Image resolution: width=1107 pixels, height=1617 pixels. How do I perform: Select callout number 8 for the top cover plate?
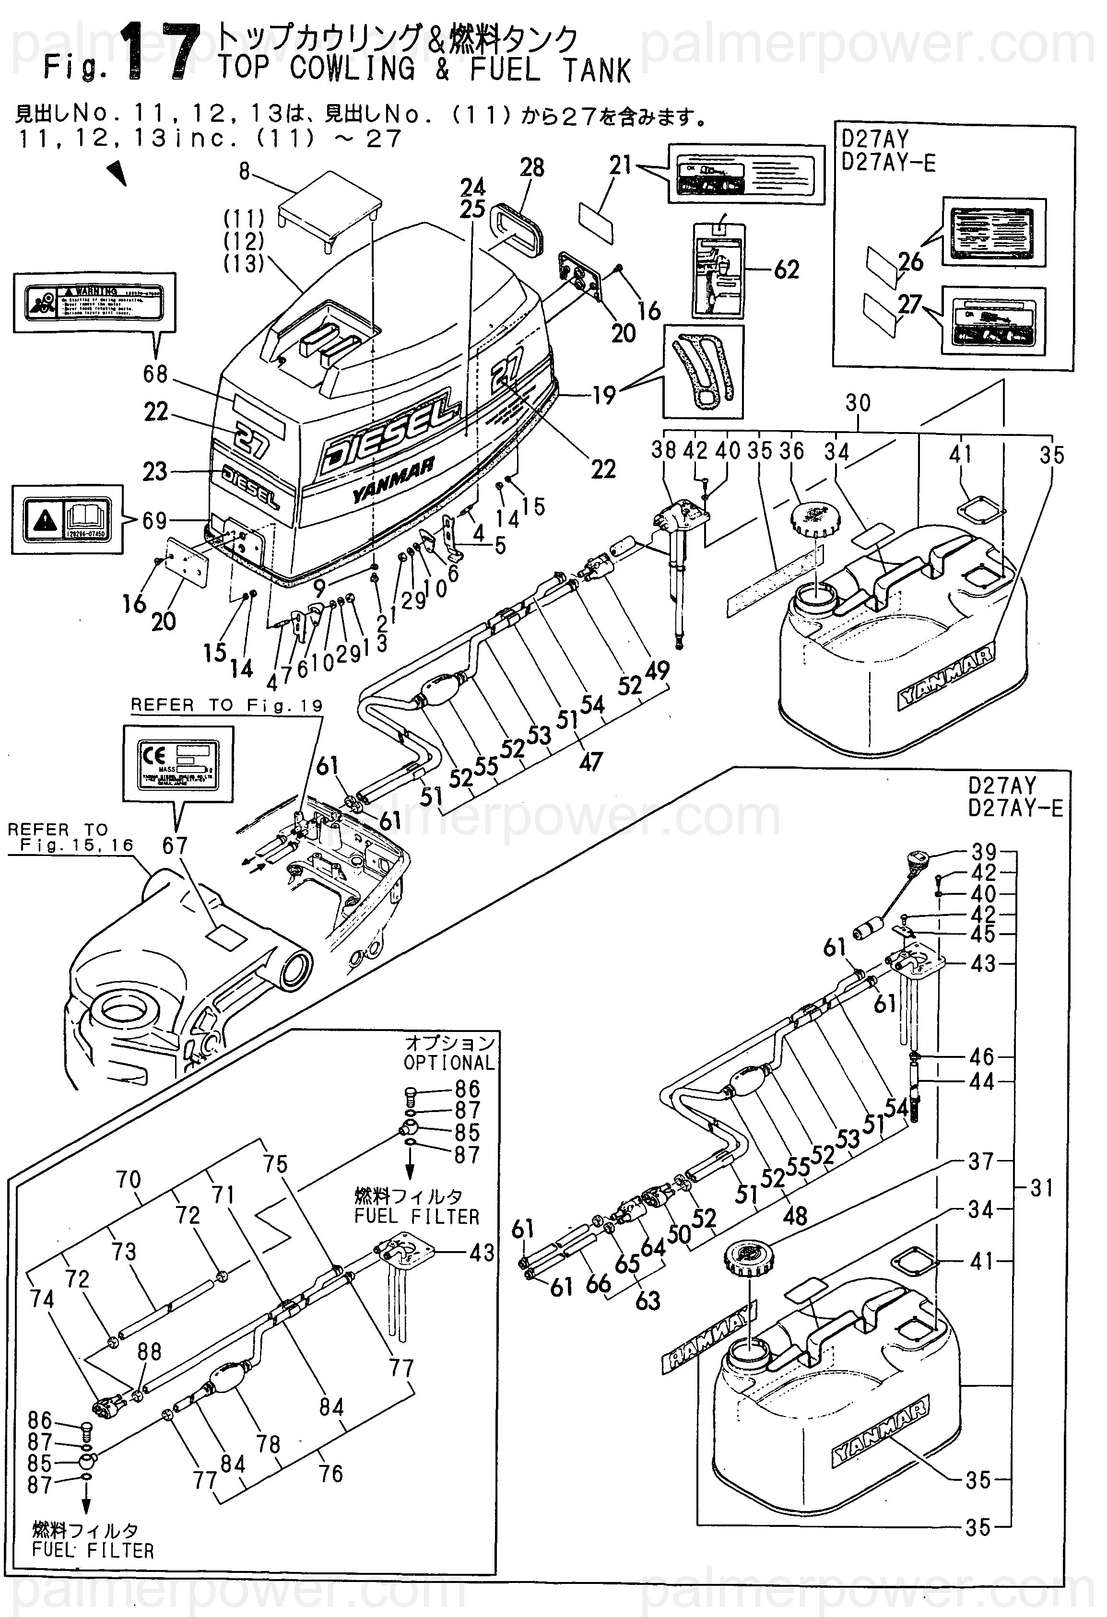coord(244,171)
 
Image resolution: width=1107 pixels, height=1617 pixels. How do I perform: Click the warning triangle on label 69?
coord(44,518)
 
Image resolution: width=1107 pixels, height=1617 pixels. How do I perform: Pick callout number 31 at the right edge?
coord(1042,1188)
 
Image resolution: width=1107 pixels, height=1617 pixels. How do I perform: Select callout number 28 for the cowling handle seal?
coord(532,168)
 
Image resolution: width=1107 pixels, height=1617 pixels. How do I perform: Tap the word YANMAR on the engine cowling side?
coord(394,480)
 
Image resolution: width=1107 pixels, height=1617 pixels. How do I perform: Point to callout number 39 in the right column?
coord(984,852)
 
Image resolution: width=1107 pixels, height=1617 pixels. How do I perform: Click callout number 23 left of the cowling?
coord(154,472)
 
